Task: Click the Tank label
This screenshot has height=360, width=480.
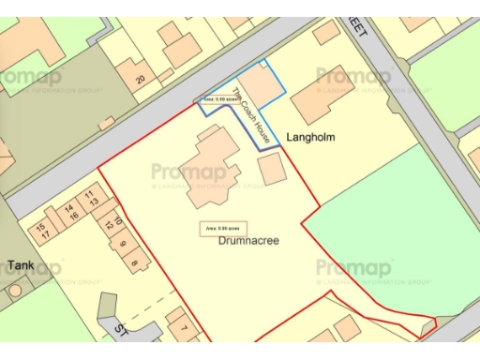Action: (x=21, y=265)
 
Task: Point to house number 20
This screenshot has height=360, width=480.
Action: (x=140, y=80)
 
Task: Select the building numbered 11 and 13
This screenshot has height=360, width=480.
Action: (x=91, y=197)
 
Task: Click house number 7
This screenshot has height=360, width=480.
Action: (x=184, y=327)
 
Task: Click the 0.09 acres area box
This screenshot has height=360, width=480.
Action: (x=217, y=97)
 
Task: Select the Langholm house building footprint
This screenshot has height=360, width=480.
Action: (x=322, y=95)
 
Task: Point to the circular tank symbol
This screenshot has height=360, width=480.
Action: (x=15, y=290)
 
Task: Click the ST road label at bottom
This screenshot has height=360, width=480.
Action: (x=121, y=330)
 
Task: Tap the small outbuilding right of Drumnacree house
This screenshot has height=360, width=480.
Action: (x=272, y=170)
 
